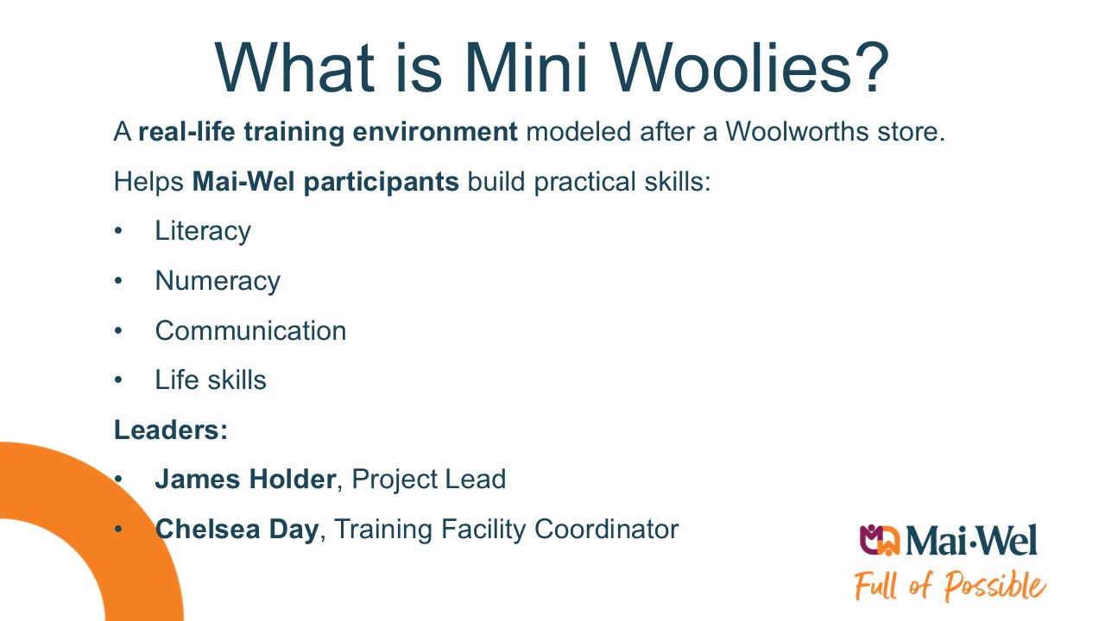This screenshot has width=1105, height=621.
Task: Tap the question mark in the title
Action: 873,67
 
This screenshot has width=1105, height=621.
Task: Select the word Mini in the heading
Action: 526,67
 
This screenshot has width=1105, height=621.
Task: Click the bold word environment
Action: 435,132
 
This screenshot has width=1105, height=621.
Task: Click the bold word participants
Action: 382,182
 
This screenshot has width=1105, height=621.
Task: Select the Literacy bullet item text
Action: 203,231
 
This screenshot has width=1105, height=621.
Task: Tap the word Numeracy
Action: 218,281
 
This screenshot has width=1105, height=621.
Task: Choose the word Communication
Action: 250,330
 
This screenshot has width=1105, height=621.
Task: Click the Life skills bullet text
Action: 211,380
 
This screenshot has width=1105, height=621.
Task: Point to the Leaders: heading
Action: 171,430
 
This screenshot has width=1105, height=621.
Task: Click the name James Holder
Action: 246,479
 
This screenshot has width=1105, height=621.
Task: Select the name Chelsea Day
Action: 237,530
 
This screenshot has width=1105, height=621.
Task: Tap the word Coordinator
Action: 606,530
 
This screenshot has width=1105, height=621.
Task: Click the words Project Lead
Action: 429,479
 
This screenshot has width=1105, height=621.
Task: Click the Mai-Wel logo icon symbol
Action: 880,540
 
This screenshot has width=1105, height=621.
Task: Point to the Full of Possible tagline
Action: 950,586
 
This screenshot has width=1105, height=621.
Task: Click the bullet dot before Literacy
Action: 118,231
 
